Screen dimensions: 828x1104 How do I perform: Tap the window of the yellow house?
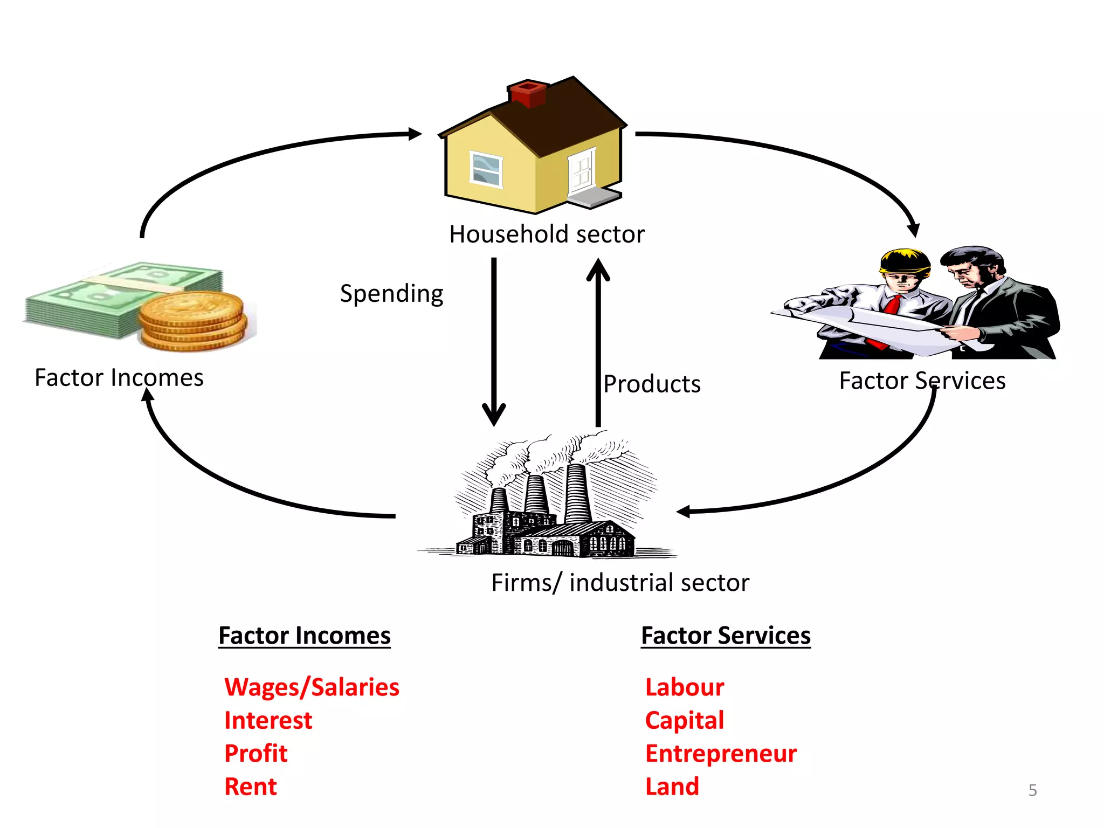[x=486, y=169]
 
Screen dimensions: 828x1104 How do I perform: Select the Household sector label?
[x=547, y=234]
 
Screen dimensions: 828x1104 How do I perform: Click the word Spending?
[x=391, y=294]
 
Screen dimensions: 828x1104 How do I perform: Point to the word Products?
[x=652, y=384]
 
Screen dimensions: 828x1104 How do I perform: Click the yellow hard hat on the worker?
[x=905, y=262]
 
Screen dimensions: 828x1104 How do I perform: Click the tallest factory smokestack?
[x=577, y=493]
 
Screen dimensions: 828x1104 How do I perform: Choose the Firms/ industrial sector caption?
[x=620, y=583]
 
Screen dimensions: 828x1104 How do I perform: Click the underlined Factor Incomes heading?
[x=305, y=636]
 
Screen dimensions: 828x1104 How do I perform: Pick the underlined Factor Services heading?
[x=726, y=636]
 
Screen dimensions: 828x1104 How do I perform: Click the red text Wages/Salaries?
[x=312, y=687]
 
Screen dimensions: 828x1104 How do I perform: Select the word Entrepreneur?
[x=721, y=754]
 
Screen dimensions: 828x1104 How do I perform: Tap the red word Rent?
[x=251, y=786]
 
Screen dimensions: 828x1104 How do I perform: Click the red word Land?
[x=672, y=786]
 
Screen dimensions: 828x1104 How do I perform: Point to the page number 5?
[x=1032, y=790]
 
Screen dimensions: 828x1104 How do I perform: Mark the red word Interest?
[x=268, y=721]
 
